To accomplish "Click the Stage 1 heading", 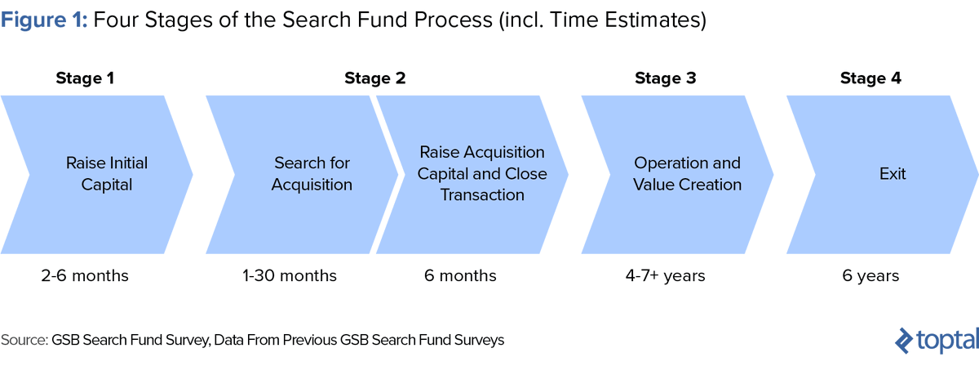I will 85,78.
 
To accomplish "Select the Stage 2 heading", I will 374,78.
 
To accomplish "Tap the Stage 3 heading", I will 666,78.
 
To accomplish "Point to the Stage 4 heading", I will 870,78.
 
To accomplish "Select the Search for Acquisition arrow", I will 306,173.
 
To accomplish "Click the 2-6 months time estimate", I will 85,276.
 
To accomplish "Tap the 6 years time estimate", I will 870,276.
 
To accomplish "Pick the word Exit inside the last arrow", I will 893,173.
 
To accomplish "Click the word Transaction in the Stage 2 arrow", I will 482,195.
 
